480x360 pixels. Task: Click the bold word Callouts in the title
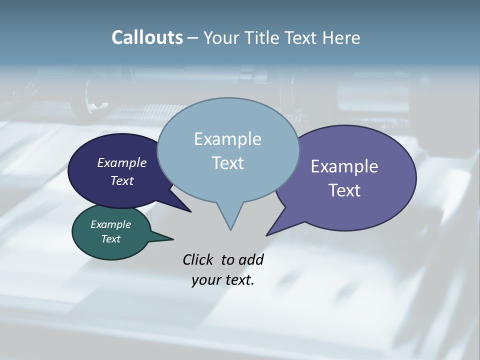point(147,37)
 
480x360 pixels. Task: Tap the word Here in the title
point(341,37)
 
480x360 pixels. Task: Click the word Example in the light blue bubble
point(227,138)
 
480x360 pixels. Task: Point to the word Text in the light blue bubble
point(227,162)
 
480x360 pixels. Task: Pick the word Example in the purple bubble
point(344,166)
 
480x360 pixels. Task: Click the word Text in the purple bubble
point(344,190)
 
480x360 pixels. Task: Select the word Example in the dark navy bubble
point(122,162)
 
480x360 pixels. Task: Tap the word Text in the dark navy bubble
point(122,180)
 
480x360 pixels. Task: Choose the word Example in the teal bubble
point(110,224)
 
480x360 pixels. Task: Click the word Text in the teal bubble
point(110,239)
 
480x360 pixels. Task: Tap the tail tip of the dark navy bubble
point(190,211)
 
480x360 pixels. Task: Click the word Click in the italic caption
point(198,259)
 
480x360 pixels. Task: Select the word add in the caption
point(251,259)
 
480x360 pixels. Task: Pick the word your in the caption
point(205,280)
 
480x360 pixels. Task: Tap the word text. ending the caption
point(238,280)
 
